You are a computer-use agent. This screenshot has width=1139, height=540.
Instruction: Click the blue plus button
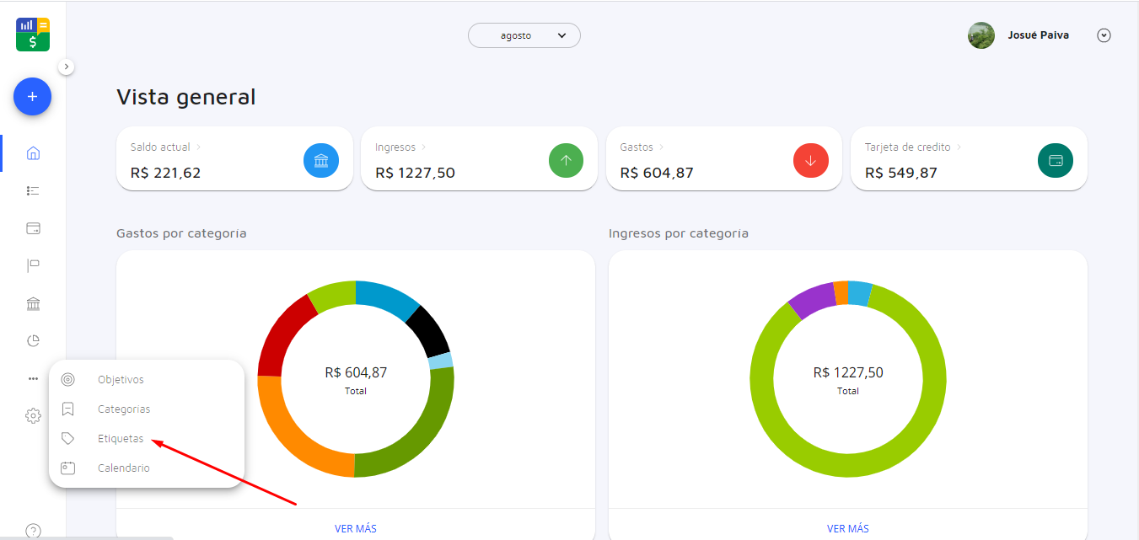pos(32,97)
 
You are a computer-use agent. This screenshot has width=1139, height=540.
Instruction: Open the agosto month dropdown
pos(524,35)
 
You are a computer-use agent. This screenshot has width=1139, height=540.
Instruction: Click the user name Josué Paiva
pos(1038,35)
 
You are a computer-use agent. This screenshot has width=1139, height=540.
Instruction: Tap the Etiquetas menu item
pos(121,438)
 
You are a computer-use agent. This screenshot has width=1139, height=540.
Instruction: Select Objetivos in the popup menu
pos(121,379)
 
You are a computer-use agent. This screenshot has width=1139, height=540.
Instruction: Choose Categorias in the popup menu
pos(124,409)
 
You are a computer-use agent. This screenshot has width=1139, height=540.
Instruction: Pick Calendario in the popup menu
pos(124,468)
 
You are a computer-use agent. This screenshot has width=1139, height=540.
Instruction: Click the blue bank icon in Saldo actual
pos(321,160)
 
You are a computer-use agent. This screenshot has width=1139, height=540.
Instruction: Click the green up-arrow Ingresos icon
pos(566,160)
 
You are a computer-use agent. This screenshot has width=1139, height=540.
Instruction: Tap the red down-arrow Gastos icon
pos(811,160)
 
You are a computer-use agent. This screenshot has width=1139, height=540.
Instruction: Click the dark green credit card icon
pos(1056,160)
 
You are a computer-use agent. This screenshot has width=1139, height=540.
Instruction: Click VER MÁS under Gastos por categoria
pos(355,528)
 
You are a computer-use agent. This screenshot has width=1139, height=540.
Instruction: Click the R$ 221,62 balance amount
pos(165,173)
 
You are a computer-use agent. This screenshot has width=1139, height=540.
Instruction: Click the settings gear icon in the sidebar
pos(33,415)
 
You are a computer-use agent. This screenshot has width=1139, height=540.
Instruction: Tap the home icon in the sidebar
pos(33,153)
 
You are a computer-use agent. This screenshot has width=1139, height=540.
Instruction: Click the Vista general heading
pos(185,97)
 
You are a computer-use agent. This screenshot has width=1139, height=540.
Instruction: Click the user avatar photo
pos(981,35)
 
